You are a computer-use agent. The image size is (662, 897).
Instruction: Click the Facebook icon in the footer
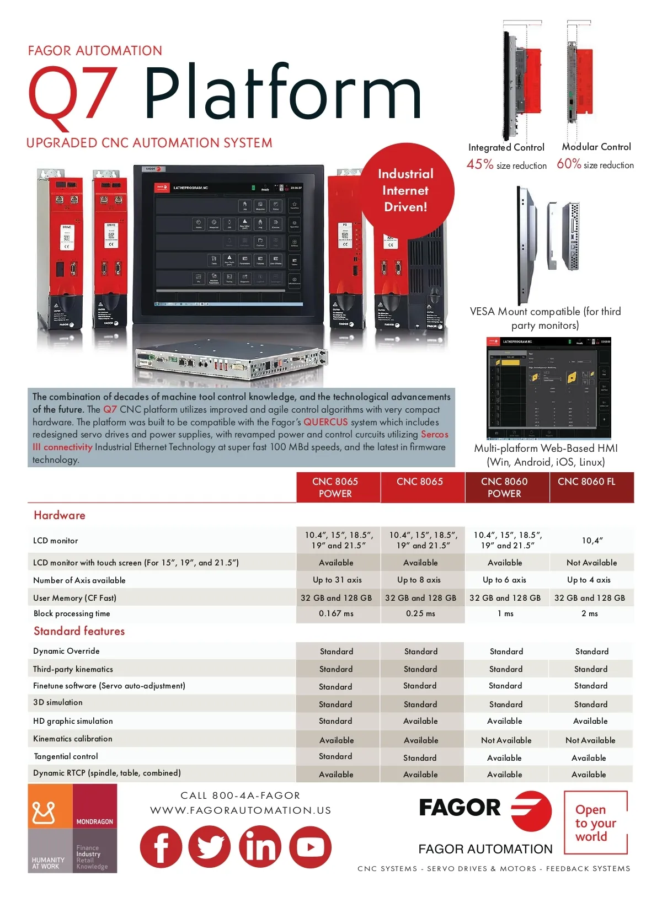(x=161, y=847)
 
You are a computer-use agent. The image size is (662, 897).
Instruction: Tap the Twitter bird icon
(x=210, y=847)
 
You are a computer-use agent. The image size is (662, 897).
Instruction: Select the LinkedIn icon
(x=260, y=847)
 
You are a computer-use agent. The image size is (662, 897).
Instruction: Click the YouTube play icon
(x=310, y=847)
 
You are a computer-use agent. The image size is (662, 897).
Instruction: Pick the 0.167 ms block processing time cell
(x=336, y=613)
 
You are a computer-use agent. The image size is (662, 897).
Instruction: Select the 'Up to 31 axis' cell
(x=337, y=580)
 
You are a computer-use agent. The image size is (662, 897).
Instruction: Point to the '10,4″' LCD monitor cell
(x=592, y=541)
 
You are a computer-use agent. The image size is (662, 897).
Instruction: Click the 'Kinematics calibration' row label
(x=73, y=739)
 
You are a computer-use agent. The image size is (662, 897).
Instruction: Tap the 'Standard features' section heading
(x=79, y=631)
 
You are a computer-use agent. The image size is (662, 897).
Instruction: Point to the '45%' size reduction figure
(x=480, y=164)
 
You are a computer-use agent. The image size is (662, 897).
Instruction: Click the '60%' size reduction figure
(x=569, y=164)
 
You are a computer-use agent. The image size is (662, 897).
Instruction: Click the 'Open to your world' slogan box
(x=595, y=823)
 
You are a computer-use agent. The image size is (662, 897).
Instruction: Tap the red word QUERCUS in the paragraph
(x=325, y=422)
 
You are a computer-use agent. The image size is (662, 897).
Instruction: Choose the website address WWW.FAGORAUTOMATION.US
(x=241, y=810)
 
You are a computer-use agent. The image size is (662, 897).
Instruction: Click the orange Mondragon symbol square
(x=50, y=806)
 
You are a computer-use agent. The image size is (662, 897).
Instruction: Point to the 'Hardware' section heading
(x=60, y=515)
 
